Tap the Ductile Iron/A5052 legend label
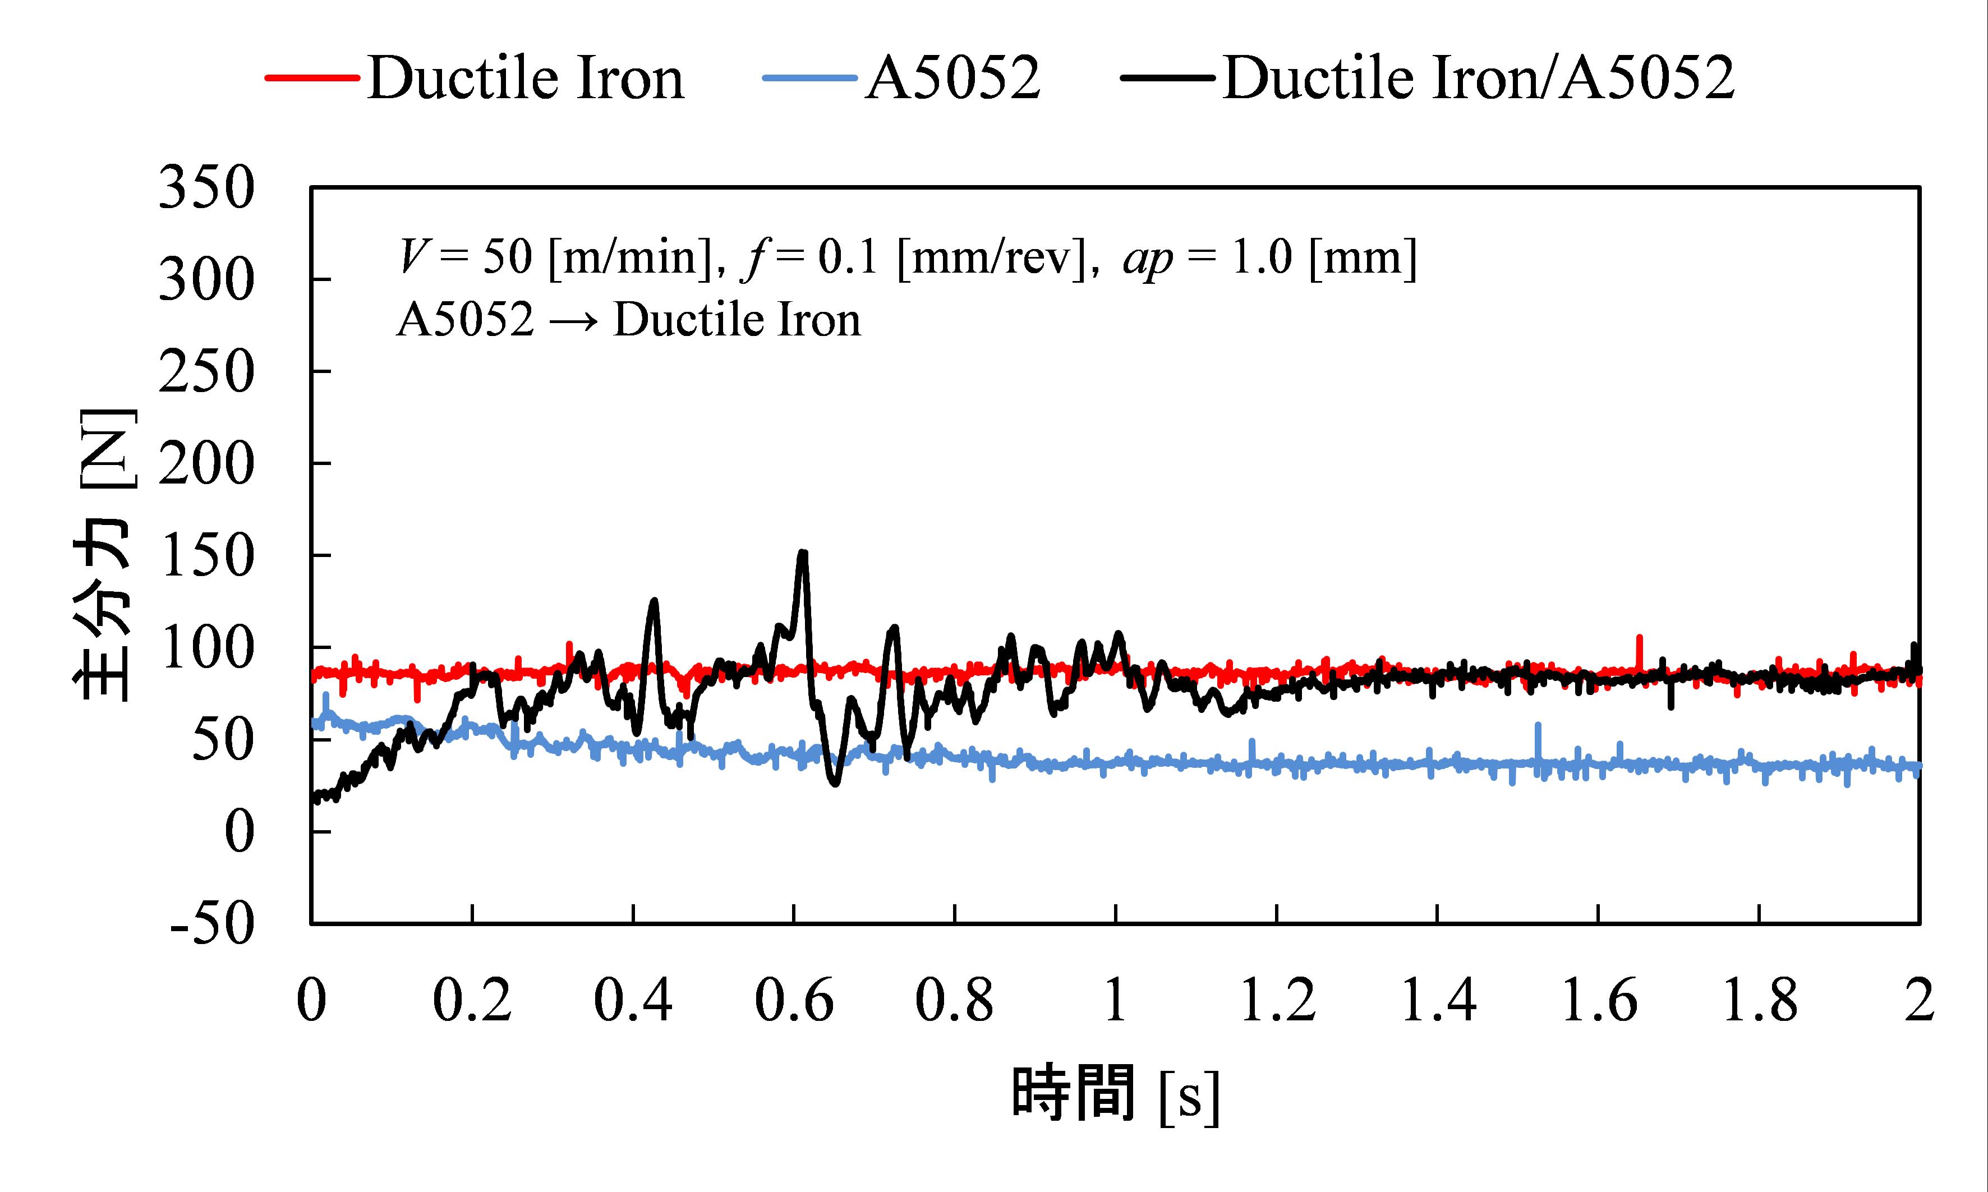pyautogui.click(x=1479, y=79)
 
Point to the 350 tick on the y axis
pyautogui.click(x=206, y=188)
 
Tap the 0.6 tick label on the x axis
pyautogui.click(x=794, y=1001)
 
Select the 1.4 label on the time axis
pyautogui.click(x=1438, y=1001)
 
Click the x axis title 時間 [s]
pyautogui.click(x=1115, y=1094)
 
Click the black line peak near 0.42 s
pyautogui.click(x=654, y=601)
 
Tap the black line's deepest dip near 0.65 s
pyautogui.click(x=835, y=783)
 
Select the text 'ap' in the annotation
pyautogui.click(x=1148, y=259)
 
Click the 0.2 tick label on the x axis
pyautogui.click(x=472, y=1001)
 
